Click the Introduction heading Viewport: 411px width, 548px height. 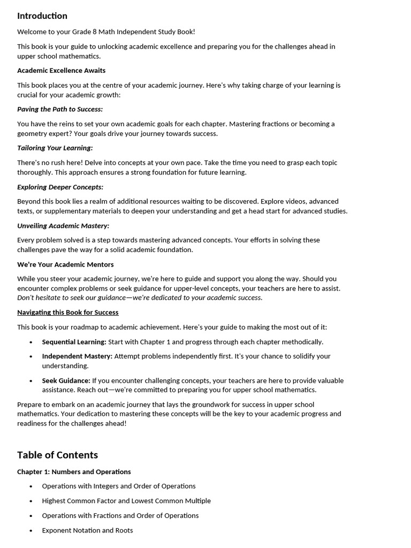point(42,16)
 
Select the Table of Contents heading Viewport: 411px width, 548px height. point(57,455)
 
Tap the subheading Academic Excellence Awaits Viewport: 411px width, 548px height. point(61,71)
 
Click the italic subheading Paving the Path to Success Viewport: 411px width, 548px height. point(60,109)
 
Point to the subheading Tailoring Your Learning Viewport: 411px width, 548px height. point(55,148)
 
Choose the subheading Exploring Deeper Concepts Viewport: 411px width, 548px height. point(60,187)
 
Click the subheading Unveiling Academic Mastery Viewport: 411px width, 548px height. point(63,226)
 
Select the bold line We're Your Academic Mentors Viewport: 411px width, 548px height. point(65,264)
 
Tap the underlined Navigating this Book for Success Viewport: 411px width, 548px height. point(68,313)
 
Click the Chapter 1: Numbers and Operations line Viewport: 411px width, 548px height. point(74,472)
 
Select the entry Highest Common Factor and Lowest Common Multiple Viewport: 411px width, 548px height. point(126,501)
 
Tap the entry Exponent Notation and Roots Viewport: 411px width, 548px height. point(87,530)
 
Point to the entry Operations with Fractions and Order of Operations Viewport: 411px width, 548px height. point(120,516)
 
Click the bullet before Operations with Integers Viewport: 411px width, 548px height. point(31,486)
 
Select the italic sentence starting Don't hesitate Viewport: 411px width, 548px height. point(140,298)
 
